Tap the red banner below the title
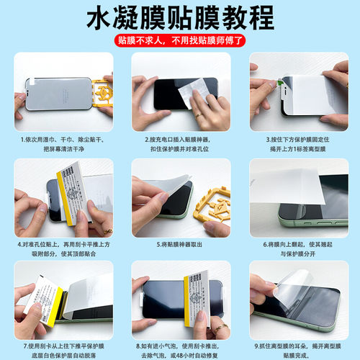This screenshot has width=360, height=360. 180,41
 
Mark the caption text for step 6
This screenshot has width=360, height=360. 297,248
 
